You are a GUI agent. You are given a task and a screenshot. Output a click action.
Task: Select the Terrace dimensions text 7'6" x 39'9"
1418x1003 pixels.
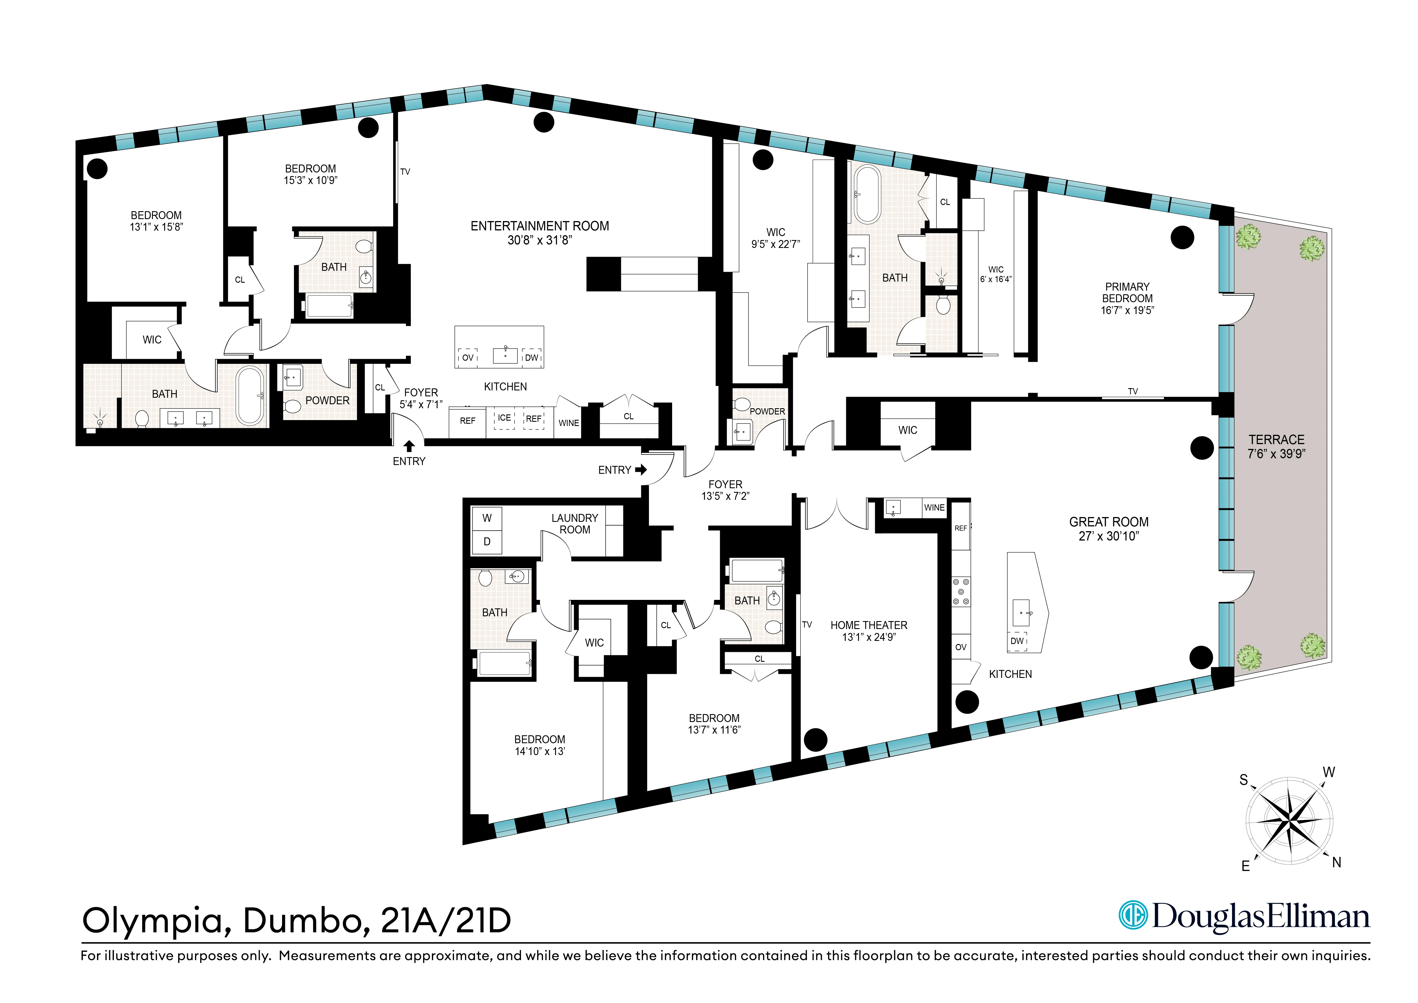(x=1276, y=454)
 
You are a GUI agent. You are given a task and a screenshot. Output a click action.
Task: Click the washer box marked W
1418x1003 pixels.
(x=487, y=518)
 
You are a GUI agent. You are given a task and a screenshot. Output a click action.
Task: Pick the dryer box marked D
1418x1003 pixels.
(x=487, y=542)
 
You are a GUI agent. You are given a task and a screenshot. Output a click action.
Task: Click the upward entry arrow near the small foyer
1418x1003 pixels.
(x=409, y=446)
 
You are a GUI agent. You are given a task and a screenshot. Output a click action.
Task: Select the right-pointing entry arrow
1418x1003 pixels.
(x=641, y=470)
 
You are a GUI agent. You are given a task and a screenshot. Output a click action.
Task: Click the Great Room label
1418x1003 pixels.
(x=1109, y=522)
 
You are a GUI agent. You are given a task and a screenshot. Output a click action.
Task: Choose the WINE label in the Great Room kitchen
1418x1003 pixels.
(x=934, y=508)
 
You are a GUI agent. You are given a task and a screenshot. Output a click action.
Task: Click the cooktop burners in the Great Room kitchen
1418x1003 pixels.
(x=961, y=592)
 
